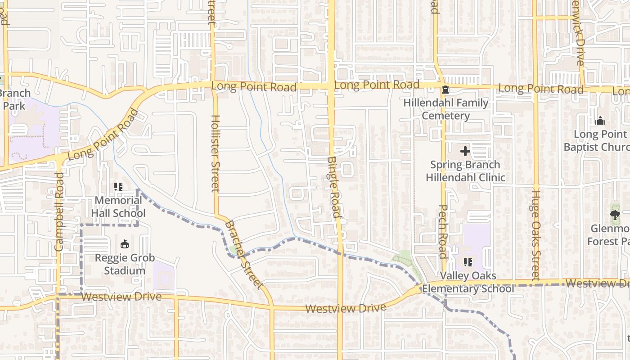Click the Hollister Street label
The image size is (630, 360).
[x=215, y=153]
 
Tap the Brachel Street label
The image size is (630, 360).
[x=243, y=254]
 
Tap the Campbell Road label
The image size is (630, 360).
[x=59, y=211]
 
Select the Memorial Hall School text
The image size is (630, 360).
[x=118, y=207]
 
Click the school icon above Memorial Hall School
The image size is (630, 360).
[x=118, y=186]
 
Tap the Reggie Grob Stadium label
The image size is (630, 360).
[x=125, y=264]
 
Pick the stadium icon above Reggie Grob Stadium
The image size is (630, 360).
[x=125, y=244]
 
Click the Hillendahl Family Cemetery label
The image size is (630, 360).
[x=446, y=109]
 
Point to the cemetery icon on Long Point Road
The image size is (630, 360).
[x=445, y=90]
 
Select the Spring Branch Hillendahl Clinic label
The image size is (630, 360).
[x=465, y=171]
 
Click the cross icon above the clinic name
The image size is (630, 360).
[x=465, y=151]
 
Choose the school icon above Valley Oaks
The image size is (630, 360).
[x=468, y=262]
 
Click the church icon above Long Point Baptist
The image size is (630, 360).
[x=600, y=121]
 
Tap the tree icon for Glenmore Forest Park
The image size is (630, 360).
[x=615, y=215]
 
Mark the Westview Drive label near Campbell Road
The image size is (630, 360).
[x=121, y=297]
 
